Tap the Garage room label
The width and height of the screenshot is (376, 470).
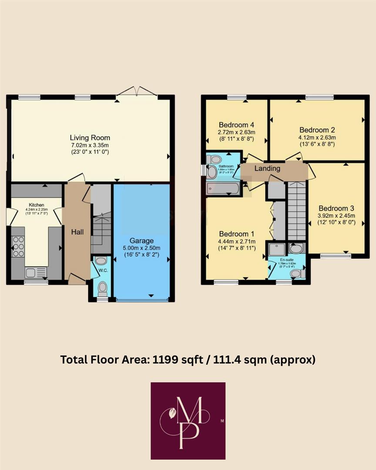(x=141, y=241)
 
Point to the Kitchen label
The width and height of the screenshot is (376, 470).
(x=37, y=205)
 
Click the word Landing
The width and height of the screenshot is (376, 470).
(x=267, y=168)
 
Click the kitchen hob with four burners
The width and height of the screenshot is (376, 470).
(x=18, y=247)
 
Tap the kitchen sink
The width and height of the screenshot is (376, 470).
(x=35, y=272)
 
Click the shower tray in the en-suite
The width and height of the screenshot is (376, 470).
(x=277, y=249)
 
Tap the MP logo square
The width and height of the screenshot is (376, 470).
(x=188, y=420)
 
